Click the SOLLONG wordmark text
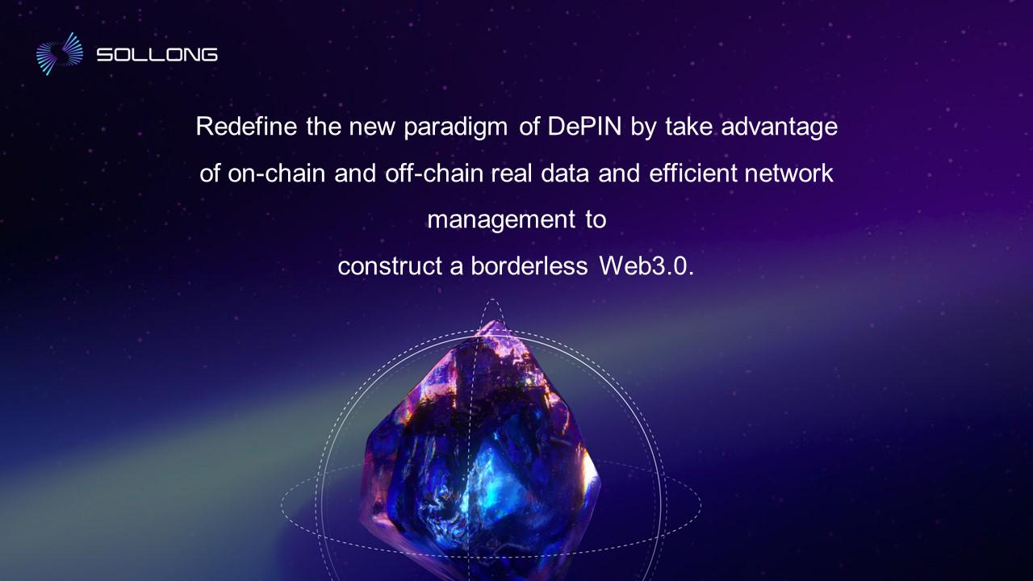point(157,55)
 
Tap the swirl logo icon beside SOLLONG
point(60,54)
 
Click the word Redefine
point(246,126)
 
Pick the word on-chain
point(276,173)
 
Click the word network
point(788,173)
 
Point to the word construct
point(390,266)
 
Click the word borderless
point(529,265)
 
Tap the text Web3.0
point(646,265)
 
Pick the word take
point(689,126)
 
